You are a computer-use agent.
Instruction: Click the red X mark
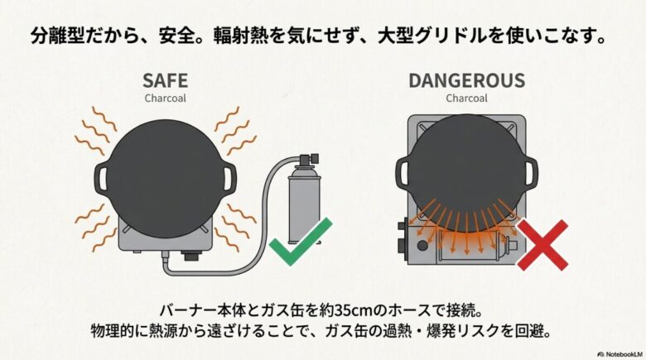[542, 244]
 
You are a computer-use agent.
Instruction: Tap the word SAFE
[165, 81]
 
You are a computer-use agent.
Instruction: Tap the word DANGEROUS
[465, 81]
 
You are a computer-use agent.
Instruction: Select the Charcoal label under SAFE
[165, 98]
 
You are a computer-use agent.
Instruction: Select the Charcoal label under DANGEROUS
[465, 98]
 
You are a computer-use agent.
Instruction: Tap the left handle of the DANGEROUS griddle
[403, 172]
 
